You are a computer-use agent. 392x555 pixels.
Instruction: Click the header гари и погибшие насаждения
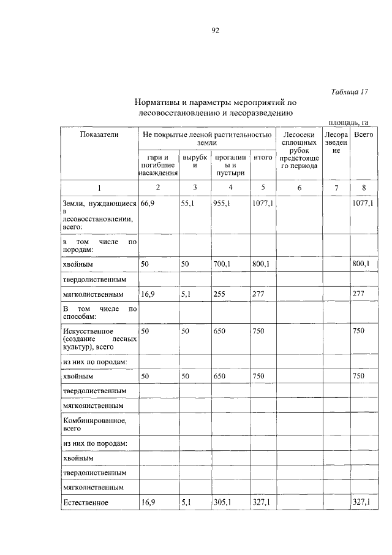pyautogui.click(x=158, y=165)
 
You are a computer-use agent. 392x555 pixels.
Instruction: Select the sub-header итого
pyautogui.click(x=263, y=158)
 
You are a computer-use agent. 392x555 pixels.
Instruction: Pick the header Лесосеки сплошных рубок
pyautogui.click(x=299, y=142)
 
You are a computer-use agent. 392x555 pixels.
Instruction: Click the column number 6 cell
pyautogui.click(x=299, y=188)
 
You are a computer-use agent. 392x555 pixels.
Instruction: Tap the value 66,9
pyautogui.click(x=148, y=202)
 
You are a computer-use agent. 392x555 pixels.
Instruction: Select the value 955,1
pyautogui.click(x=222, y=202)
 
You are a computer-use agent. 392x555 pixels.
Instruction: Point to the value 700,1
pyautogui.click(x=222, y=264)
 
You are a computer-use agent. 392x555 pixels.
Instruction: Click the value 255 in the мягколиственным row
pyautogui.click(x=219, y=294)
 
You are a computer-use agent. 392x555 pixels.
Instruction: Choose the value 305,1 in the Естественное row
pyautogui.click(x=222, y=502)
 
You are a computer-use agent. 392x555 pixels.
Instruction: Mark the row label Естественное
pyautogui.click(x=85, y=503)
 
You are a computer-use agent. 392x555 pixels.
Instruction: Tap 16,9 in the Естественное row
pyautogui.click(x=148, y=502)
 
